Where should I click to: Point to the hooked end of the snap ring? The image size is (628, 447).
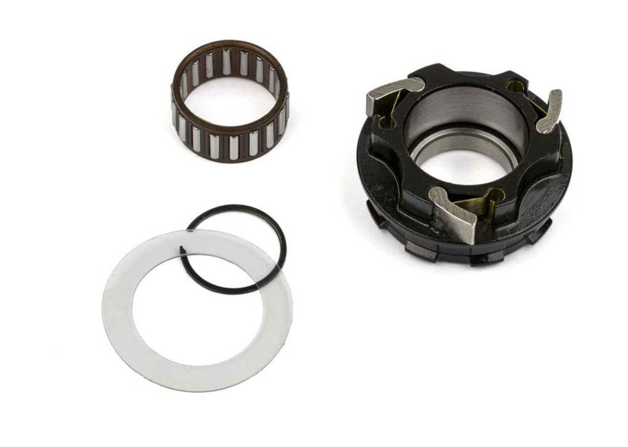[x=183, y=249]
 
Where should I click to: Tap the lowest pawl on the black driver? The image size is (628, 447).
[x=457, y=212]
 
